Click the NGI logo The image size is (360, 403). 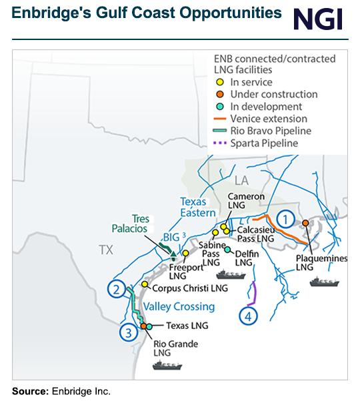coord(318,19)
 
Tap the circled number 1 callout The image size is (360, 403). coord(285,218)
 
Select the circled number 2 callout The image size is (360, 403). coord(117,289)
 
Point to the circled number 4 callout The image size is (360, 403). coord(248,316)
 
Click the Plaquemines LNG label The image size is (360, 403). coord(314,261)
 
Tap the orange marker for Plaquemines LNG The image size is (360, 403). coord(305,223)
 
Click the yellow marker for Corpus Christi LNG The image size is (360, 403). coord(145,284)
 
